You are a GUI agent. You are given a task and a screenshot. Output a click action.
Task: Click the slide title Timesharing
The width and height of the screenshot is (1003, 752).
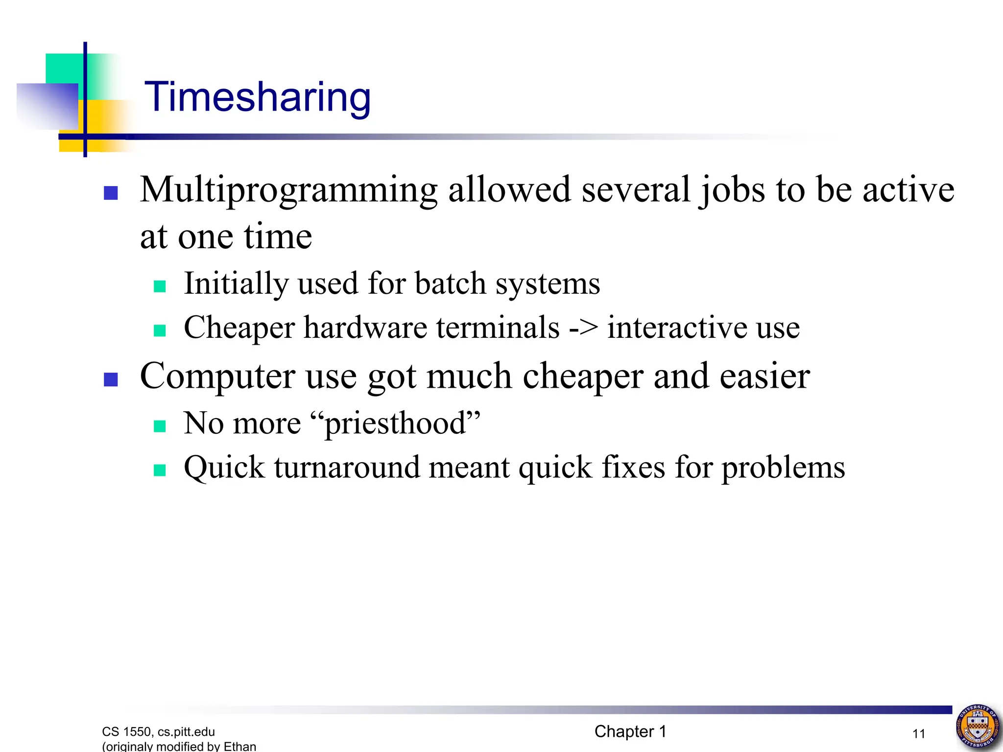click(258, 97)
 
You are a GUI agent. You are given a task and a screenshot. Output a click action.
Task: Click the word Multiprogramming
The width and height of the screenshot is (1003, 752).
click(288, 190)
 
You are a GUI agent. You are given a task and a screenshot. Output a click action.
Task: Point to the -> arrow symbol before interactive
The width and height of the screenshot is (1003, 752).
click(583, 327)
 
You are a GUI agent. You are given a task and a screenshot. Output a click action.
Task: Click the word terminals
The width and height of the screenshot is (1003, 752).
click(498, 327)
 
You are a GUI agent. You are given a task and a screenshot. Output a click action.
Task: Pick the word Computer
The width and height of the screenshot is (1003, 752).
click(217, 376)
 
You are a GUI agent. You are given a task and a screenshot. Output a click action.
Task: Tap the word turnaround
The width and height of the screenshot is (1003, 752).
click(347, 467)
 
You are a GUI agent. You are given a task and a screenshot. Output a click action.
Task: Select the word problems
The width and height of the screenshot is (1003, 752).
click(783, 467)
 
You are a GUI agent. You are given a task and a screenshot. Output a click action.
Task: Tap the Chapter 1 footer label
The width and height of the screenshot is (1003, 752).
click(630, 731)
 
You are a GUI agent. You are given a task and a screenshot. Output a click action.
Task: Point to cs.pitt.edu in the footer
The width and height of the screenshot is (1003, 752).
click(186, 732)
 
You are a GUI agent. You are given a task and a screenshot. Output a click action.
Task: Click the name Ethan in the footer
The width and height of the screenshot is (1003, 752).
click(240, 746)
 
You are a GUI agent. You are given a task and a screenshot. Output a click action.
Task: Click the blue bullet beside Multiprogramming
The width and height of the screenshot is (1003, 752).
click(111, 193)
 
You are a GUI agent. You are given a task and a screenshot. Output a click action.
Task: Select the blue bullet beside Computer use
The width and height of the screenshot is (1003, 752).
click(111, 379)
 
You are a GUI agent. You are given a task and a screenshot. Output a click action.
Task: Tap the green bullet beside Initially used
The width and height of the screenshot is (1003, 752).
click(160, 286)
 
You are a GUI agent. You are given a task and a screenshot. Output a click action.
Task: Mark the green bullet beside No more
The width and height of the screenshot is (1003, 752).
click(160, 426)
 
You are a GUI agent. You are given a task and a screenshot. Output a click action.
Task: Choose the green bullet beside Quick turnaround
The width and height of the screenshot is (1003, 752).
click(160, 470)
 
